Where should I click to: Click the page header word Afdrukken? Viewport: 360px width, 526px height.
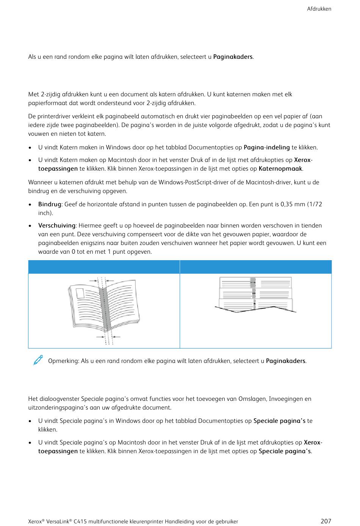tap(319, 9)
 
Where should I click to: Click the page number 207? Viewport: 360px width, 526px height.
tap(326, 521)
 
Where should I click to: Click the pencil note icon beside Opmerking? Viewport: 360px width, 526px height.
tap(38, 360)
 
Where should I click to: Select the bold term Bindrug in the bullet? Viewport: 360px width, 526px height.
tap(49, 204)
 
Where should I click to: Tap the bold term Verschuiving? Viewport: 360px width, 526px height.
tap(56, 226)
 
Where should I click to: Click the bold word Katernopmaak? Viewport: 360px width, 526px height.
tap(280, 169)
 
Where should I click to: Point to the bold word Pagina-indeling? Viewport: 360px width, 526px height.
tap(266, 148)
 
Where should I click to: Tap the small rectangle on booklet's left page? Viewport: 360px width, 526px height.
tap(80, 294)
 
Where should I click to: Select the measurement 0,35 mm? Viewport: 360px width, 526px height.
tap(293, 204)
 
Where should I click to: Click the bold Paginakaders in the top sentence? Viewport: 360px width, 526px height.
tap(233, 57)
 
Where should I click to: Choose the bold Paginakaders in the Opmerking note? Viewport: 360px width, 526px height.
tap(285, 361)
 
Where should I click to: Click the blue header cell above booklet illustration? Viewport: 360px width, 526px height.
tap(104, 267)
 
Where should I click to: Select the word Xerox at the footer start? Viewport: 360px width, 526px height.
tap(35, 521)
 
